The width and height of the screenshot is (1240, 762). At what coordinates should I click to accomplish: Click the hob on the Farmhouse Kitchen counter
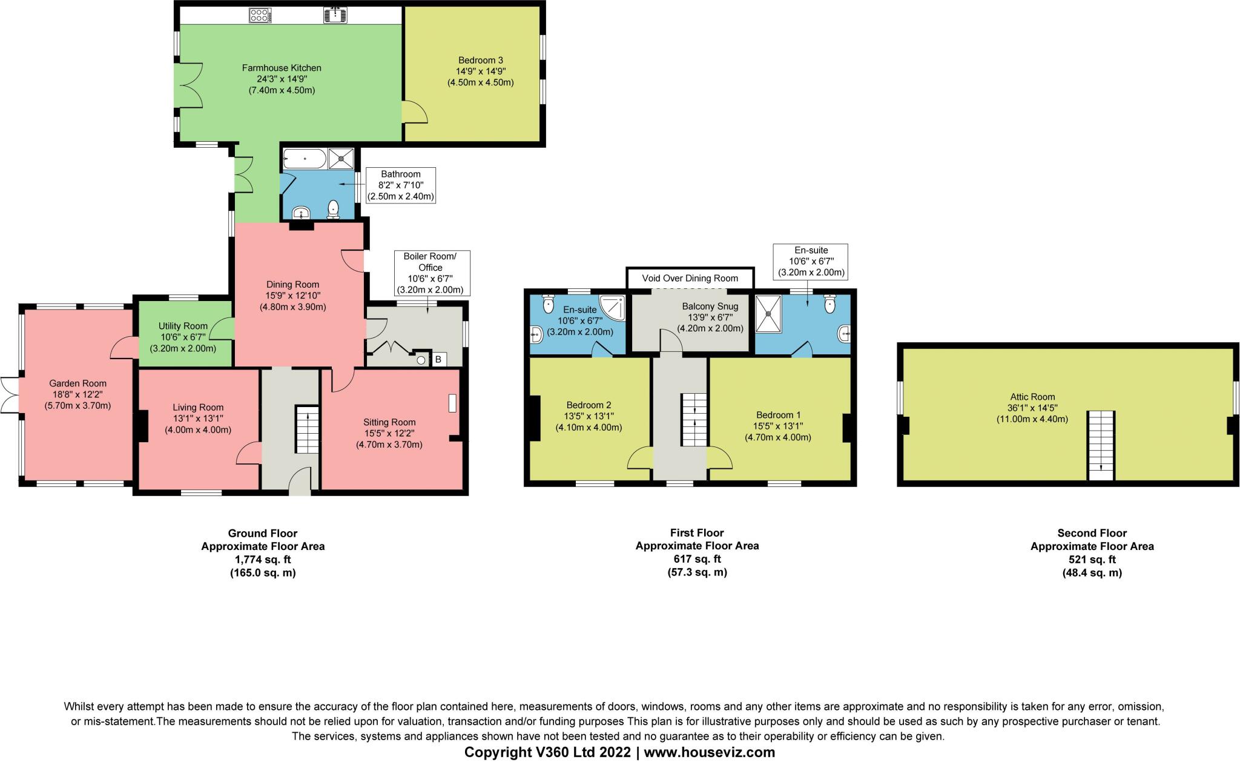click(x=260, y=15)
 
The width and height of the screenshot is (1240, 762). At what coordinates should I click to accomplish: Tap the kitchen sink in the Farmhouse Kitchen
click(x=335, y=15)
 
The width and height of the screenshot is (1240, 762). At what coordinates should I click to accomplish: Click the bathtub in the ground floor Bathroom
click(x=305, y=160)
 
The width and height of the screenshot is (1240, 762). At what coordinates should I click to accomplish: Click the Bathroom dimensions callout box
click(x=400, y=185)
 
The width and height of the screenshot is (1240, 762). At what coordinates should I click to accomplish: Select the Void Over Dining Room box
click(x=690, y=278)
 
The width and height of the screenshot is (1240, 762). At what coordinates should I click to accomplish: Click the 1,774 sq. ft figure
click(x=263, y=559)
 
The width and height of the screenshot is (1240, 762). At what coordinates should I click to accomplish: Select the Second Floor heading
click(x=1092, y=533)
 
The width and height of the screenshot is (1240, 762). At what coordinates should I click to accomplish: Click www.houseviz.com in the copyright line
click(x=709, y=752)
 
